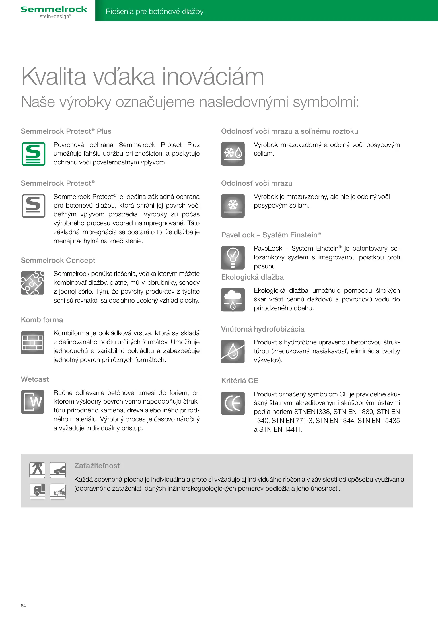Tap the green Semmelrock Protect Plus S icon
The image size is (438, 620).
[33, 154]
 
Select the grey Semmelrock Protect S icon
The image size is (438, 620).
[33, 206]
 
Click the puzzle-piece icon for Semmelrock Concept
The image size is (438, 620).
[33, 283]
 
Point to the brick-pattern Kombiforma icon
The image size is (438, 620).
[33, 342]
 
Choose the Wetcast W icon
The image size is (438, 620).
[33, 402]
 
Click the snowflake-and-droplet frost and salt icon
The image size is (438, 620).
[233, 154]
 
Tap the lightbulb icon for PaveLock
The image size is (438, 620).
[233, 257]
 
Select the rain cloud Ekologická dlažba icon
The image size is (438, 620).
[233, 300]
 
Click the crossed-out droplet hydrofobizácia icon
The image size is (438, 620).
[233, 351]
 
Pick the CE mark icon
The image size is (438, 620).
[233, 403]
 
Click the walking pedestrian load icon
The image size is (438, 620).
[37, 470]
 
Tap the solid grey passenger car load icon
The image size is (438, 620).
[58, 470]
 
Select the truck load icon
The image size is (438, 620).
[37, 491]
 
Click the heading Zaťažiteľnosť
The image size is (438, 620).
[97, 466]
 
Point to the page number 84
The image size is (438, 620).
[23, 606]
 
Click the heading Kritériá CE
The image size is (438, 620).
[240, 381]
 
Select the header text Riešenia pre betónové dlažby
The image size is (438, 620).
[154, 11]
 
